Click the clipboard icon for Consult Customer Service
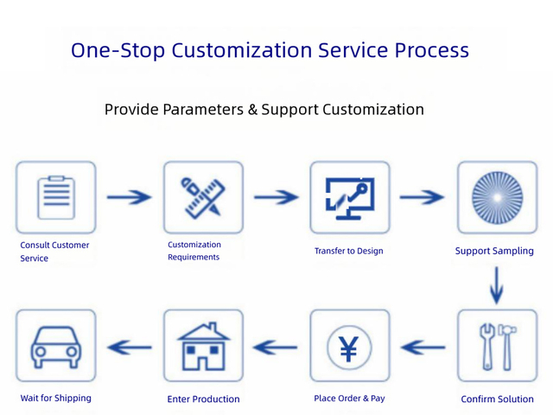coord(56,197)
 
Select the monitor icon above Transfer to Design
coord(349,197)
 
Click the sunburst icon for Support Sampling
coord(496,197)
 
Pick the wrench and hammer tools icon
coord(496,347)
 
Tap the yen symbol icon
coord(349,347)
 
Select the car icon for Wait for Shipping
coord(56,347)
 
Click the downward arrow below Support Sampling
coord(496,284)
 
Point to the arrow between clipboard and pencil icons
coord(129,197)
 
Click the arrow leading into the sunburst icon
coord(423,197)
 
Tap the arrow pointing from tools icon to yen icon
coord(423,348)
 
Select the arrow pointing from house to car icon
coord(129,348)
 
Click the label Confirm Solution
coord(497,399)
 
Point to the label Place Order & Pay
coord(349,398)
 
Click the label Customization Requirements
coord(194,251)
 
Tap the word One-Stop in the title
coord(117,50)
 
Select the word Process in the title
coord(431,50)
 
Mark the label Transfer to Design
coord(348,251)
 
